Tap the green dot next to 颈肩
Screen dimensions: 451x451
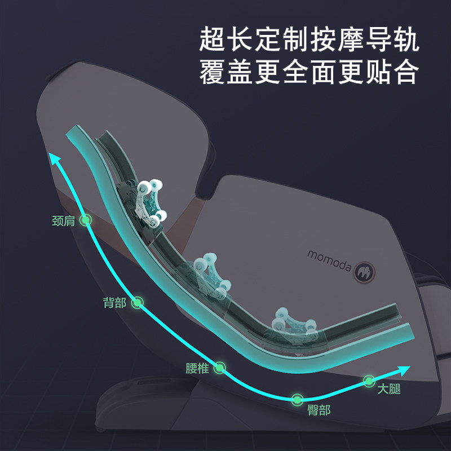click(86, 220)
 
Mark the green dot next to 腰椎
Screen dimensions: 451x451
click(220, 368)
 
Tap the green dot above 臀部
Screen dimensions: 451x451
click(297, 399)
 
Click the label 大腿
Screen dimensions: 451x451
click(389, 388)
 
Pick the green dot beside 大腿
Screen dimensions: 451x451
click(369, 381)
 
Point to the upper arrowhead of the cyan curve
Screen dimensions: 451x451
click(56, 160)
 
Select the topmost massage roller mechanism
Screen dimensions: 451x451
click(149, 204)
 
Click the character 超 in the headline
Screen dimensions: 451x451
click(213, 41)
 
